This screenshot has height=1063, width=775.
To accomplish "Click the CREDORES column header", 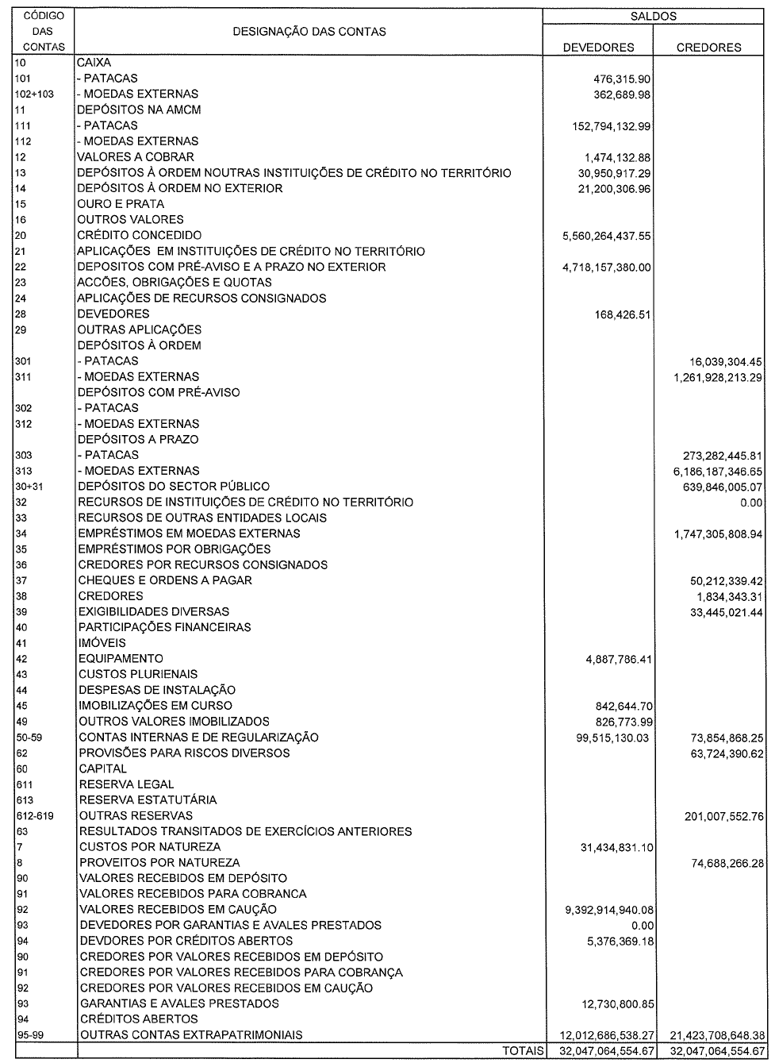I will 708,47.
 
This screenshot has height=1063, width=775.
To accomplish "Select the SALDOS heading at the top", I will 654,15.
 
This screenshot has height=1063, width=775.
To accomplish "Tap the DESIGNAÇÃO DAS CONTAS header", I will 309,32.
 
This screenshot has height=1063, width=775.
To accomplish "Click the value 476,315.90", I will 622,79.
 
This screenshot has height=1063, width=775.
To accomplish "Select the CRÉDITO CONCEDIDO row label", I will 139,235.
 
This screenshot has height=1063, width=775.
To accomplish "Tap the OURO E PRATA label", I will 121,204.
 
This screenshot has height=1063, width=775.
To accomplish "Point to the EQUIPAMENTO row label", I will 121,659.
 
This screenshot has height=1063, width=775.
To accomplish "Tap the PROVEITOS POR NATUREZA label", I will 159,863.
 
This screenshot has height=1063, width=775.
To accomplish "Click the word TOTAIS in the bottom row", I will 522,1051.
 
